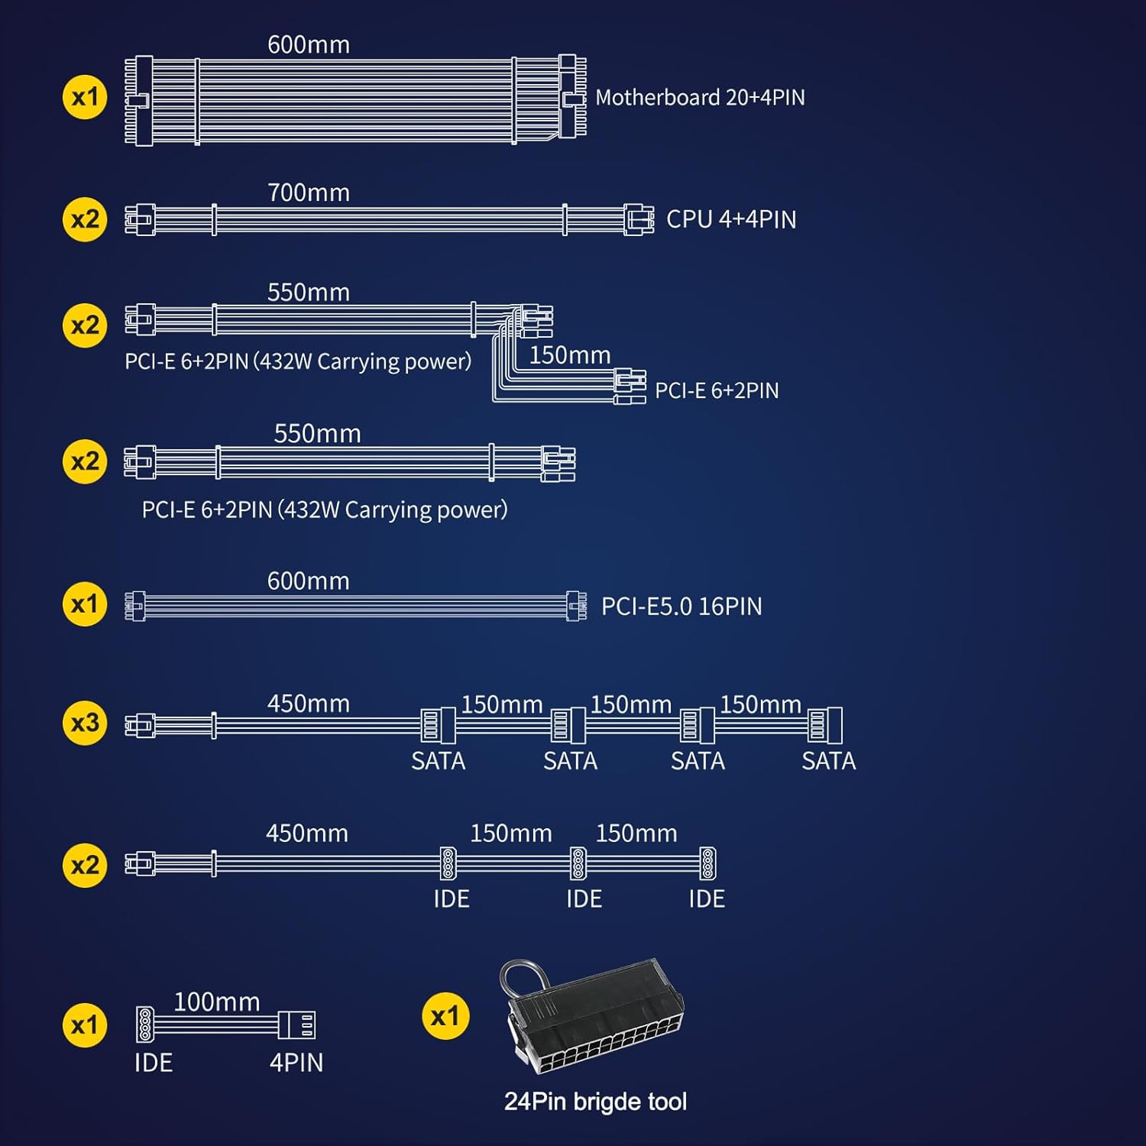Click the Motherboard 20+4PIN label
[700, 98]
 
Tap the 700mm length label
[309, 193]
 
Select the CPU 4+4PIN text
[731, 219]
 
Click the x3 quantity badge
[85, 723]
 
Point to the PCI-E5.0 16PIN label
[681, 607]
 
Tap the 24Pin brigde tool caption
[595, 1101]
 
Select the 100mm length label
[217, 1002]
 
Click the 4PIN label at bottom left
[296, 1063]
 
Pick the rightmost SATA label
[829, 761]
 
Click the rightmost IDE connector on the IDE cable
[708, 863]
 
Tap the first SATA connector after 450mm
[439, 725]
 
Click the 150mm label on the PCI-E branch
[570, 355]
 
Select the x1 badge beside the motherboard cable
[85, 97]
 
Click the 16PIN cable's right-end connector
[576, 607]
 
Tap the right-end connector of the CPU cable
[639, 220]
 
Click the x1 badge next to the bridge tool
[445, 1017]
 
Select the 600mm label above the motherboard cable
[309, 45]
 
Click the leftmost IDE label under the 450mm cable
[452, 899]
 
